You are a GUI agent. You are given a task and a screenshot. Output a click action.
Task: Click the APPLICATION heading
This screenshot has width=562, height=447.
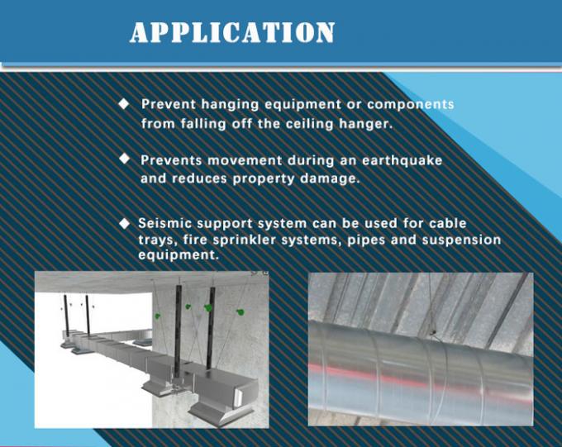[232, 32]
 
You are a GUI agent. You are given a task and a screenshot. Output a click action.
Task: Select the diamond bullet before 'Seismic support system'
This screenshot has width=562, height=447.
[125, 223]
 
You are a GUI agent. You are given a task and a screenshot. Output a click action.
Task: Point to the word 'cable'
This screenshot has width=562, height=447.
[447, 224]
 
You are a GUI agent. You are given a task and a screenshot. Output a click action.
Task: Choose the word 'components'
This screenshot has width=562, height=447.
[410, 105]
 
